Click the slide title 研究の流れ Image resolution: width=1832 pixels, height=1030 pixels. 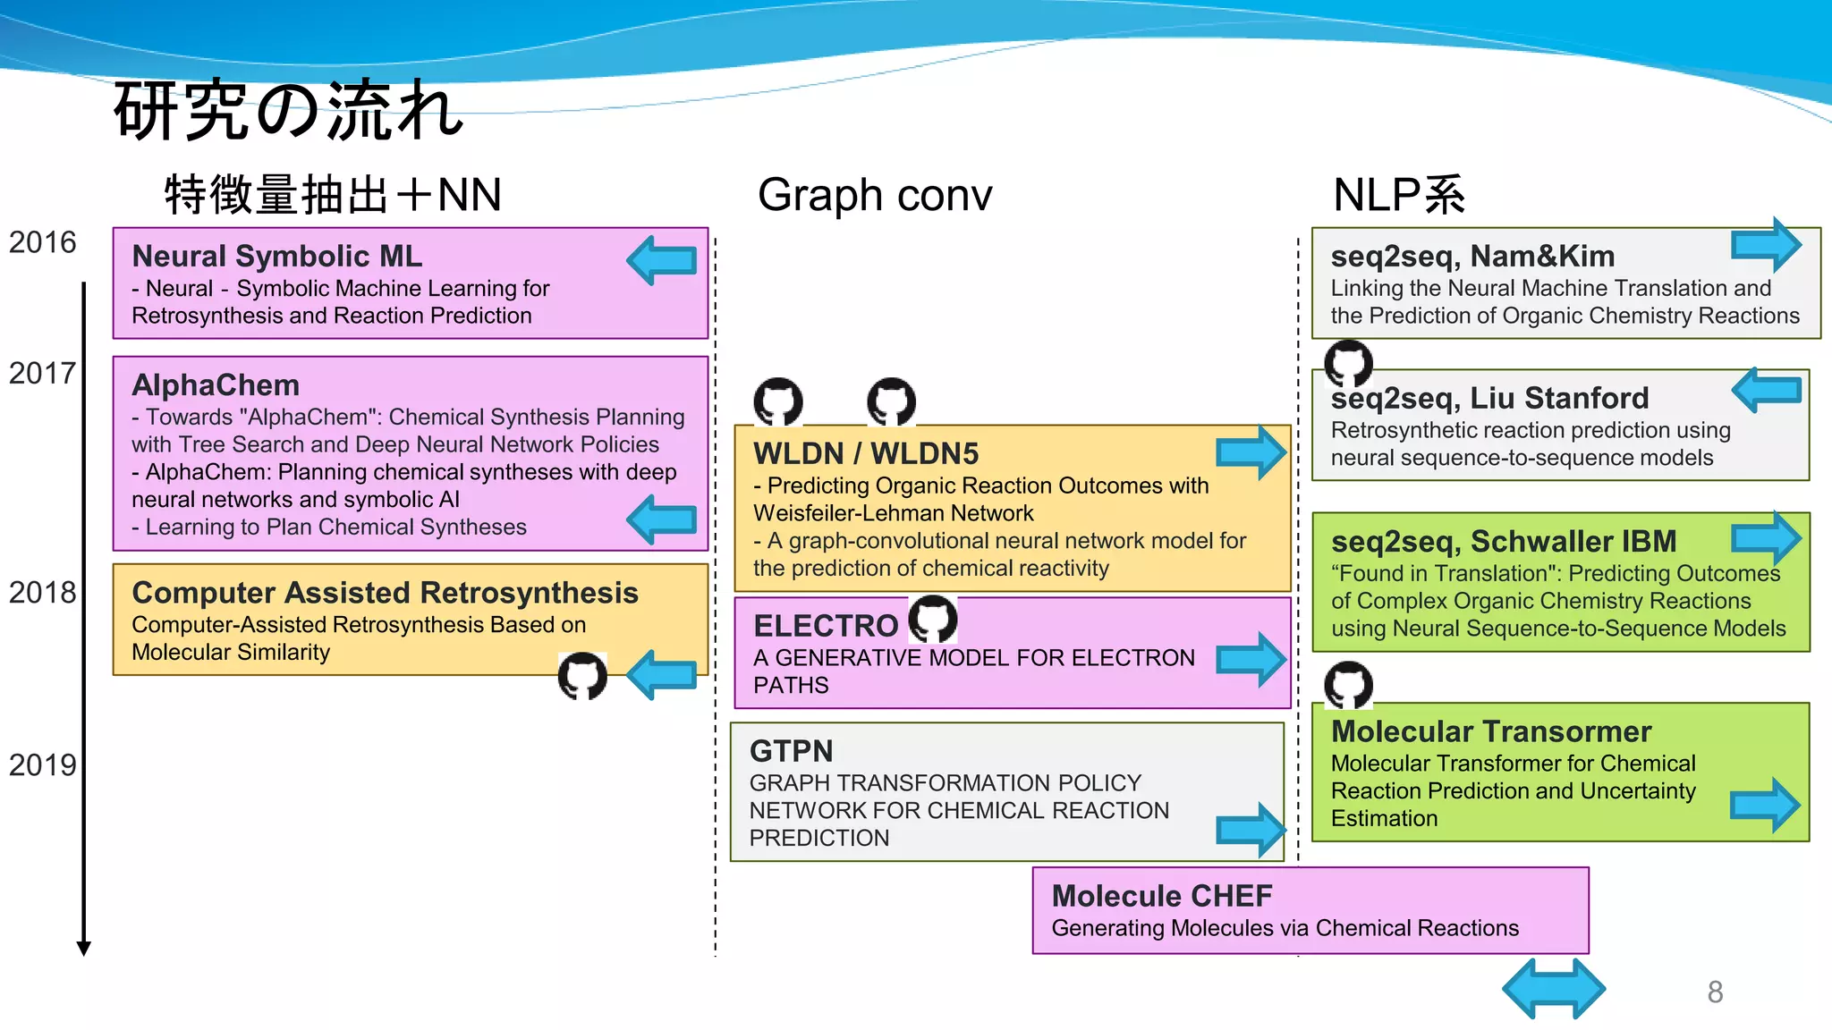click(x=288, y=110)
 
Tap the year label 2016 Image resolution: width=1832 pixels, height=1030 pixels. click(x=42, y=242)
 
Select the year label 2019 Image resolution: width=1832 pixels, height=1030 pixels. click(x=42, y=765)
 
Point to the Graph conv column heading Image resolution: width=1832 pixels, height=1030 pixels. click(x=874, y=195)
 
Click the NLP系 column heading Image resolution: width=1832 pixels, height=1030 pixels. click(x=1398, y=195)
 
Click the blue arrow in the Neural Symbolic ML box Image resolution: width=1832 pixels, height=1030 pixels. click(x=662, y=260)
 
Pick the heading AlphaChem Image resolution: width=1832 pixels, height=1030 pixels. click(x=216, y=385)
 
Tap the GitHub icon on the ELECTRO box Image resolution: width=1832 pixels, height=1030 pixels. click(x=933, y=619)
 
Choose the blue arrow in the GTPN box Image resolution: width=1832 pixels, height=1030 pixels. click(x=1251, y=830)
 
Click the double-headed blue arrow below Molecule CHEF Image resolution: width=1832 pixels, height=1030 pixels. click(x=1554, y=988)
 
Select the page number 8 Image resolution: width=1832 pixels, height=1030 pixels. click(x=1715, y=992)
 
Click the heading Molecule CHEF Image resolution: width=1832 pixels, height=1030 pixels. click(x=1161, y=896)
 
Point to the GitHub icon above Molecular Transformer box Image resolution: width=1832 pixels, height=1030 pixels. click(x=1348, y=685)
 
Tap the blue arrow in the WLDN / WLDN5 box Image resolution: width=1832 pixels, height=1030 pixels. click(x=1251, y=452)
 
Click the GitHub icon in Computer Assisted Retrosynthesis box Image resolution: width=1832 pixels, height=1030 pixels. click(x=582, y=676)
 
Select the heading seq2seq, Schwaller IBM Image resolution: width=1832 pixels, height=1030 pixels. click(x=1503, y=542)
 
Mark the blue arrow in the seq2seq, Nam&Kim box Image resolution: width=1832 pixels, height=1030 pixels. click(x=1767, y=244)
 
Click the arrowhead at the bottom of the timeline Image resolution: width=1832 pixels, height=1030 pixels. click(x=84, y=948)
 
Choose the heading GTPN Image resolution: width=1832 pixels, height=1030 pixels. click(x=791, y=751)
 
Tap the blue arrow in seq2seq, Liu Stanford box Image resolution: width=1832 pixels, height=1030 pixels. click(x=1767, y=390)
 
